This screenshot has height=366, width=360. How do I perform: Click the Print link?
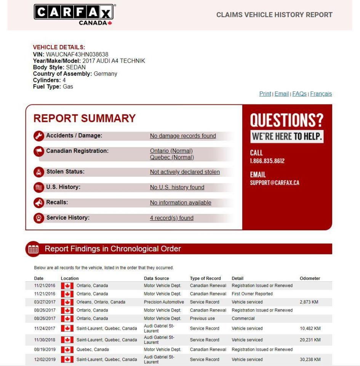point(265,94)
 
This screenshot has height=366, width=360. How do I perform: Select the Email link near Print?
point(282,94)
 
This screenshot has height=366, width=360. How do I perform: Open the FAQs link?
point(299,94)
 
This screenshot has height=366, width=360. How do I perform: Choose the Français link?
point(321,94)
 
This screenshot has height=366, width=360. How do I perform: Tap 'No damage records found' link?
point(183,136)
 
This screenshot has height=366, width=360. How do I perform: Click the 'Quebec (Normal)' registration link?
point(172,157)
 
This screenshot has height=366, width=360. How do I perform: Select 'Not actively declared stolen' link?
point(185,172)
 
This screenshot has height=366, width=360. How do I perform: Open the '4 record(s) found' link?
point(171,218)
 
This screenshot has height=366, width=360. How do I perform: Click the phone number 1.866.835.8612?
point(267,161)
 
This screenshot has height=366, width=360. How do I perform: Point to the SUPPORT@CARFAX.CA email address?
point(274,183)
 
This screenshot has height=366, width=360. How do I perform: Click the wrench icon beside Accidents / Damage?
point(38,136)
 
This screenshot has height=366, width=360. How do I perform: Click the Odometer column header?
point(310,278)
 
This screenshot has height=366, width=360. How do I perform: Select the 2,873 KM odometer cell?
point(309,302)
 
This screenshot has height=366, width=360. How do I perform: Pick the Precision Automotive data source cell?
point(164,302)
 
